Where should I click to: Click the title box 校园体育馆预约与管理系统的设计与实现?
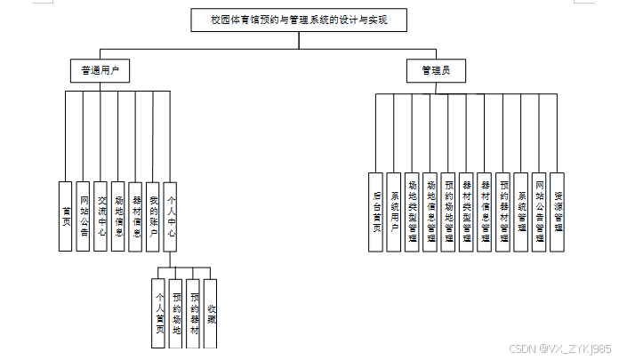(290, 20)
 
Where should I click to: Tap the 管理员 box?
(435, 69)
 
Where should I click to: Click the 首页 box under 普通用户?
(66, 216)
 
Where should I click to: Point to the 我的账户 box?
(153, 216)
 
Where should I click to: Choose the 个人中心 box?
(171, 216)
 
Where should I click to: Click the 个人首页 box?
(159, 313)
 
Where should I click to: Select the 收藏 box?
(211, 313)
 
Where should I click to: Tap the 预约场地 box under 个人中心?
(176, 313)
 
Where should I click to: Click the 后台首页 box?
(377, 212)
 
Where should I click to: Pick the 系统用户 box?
(394, 212)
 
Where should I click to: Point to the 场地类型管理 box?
(412, 212)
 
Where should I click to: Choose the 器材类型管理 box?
(466, 212)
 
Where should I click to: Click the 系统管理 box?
(521, 212)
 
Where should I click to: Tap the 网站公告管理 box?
(539, 212)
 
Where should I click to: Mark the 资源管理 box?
(557, 212)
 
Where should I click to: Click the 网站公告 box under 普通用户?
(84, 216)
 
